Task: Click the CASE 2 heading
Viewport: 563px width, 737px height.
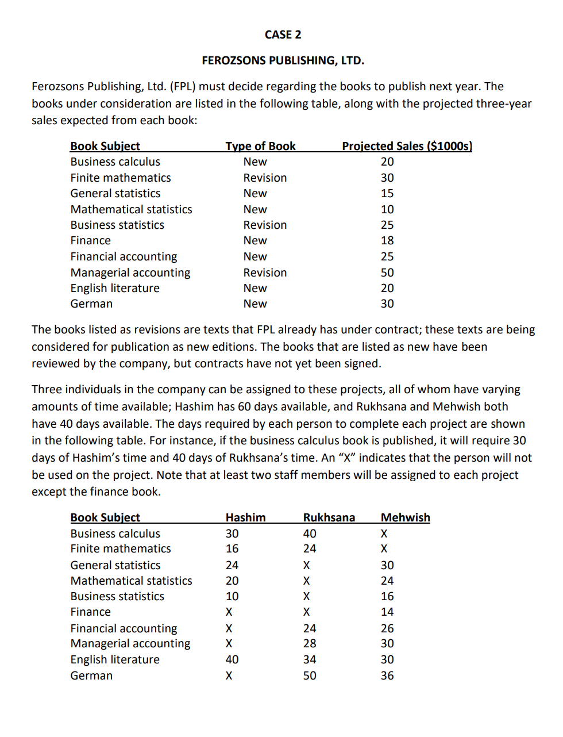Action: [x=283, y=34]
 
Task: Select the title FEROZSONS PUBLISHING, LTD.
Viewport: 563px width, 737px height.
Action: [x=283, y=60]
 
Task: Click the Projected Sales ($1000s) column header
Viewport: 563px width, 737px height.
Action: [x=407, y=146]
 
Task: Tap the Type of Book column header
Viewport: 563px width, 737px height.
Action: [x=260, y=146]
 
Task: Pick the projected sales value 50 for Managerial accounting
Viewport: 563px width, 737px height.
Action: [x=387, y=272]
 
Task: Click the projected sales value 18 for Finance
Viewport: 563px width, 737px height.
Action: [x=387, y=240]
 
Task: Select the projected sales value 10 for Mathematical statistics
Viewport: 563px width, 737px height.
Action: [x=387, y=209]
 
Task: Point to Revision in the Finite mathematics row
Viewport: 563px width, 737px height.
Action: [x=265, y=178]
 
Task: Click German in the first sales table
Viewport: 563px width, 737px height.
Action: [x=91, y=304]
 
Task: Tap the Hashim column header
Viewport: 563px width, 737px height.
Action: [x=245, y=517]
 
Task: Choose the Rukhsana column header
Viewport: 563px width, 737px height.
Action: [x=329, y=517]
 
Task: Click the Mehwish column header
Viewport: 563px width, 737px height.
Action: [x=405, y=517]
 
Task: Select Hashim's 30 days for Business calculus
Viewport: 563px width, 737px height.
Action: [x=232, y=533]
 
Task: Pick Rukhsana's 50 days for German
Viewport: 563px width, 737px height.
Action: [x=310, y=675]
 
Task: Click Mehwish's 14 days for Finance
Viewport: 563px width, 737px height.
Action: [x=387, y=612]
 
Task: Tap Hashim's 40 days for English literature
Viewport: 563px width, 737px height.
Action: [x=232, y=659]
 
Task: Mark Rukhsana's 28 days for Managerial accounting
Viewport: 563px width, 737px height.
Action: [x=310, y=643]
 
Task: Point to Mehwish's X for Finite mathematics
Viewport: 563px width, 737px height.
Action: [x=384, y=548]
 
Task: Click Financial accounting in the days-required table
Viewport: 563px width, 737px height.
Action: [x=124, y=628]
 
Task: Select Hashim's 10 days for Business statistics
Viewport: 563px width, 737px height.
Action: [x=232, y=596]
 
